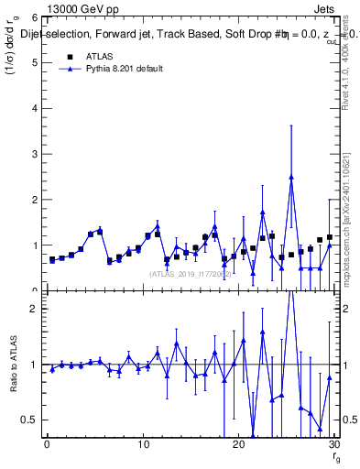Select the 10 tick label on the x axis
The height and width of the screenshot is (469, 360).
coord(143,445)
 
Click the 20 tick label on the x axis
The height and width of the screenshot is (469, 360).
coord(238,445)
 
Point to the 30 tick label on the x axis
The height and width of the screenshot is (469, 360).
coord(333,445)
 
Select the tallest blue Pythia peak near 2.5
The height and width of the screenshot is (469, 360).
coord(291,177)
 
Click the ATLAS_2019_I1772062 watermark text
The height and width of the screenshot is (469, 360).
coord(189,274)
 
